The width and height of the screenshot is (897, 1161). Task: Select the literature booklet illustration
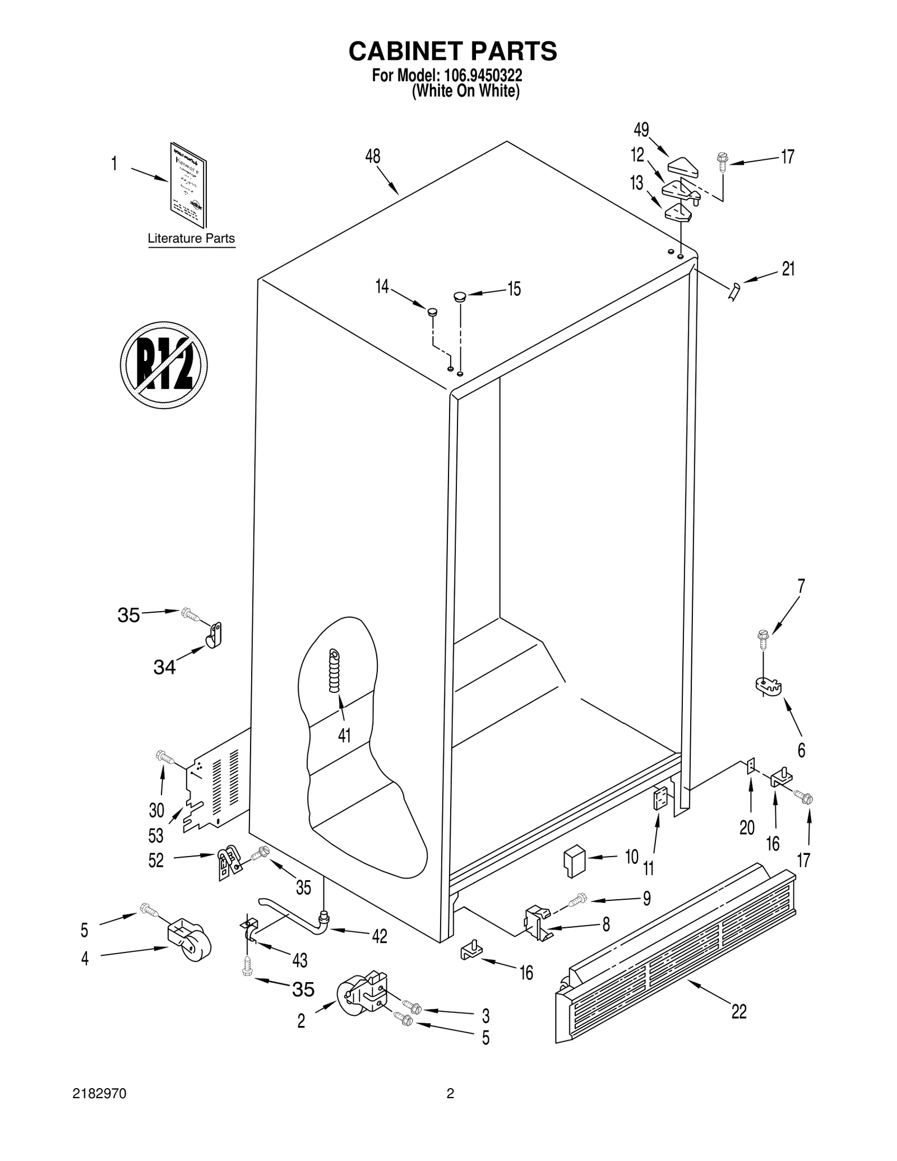[188, 185]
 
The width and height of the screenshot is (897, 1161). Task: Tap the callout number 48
[373, 156]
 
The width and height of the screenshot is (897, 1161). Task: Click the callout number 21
[788, 269]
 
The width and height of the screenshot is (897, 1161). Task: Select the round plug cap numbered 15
[460, 295]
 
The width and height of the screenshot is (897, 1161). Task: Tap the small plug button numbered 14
[433, 311]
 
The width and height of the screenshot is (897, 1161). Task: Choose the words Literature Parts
[191, 238]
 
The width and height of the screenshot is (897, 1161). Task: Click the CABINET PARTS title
[452, 51]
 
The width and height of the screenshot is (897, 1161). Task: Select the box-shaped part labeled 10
[574, 862]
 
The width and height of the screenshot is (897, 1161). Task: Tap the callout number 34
[164, 667]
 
